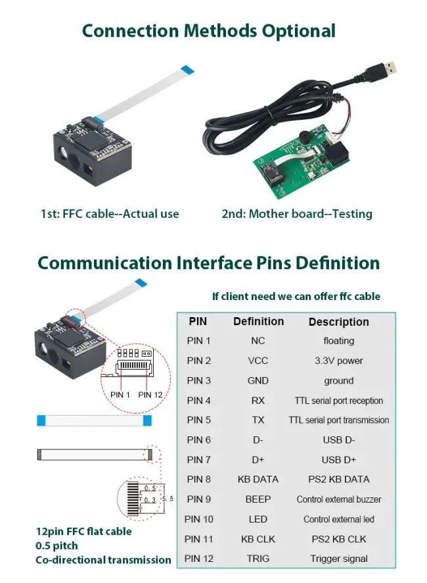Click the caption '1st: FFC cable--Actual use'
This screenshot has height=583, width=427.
coord(109,214)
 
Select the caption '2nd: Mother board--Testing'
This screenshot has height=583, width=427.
coord(297,214)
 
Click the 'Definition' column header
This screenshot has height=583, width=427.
coord(258,321)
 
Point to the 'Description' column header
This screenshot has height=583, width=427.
coord(338,322)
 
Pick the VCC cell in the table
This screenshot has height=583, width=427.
coord(258,361)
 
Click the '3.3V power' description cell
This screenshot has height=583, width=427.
coord(338,361)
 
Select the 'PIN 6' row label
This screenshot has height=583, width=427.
coord(198,440)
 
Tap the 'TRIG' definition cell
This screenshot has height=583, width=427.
coord(258,559)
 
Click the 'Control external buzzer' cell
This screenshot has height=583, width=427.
coord(338,499)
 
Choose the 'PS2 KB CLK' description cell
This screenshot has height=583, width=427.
coord(338,539)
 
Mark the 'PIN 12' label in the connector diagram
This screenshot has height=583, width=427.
coord(150,394)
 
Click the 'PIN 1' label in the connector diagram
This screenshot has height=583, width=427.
coord(120,394)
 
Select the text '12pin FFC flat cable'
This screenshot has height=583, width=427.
coord(83,531)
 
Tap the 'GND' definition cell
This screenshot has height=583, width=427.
coord(258,380)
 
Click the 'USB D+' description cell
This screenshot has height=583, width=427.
coord(338,459)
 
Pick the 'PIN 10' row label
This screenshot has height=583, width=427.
coord(198,519)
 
